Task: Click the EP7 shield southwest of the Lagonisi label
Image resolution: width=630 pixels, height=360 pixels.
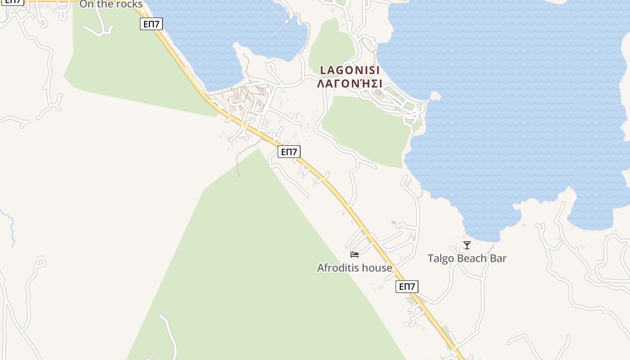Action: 288,152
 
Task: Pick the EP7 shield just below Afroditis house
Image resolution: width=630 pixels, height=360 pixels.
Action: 407,287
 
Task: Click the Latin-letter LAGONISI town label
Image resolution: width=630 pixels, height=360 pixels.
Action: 350,70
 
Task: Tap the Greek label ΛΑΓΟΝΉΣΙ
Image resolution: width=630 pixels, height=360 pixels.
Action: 350,84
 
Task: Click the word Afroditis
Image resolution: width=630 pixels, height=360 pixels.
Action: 337,268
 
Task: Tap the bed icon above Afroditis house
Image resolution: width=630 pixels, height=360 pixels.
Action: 355,255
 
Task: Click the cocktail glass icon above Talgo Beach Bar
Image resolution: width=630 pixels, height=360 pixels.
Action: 467,245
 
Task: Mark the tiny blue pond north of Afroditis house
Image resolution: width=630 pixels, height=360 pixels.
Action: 393,222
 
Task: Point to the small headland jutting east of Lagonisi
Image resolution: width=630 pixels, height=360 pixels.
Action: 435,96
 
